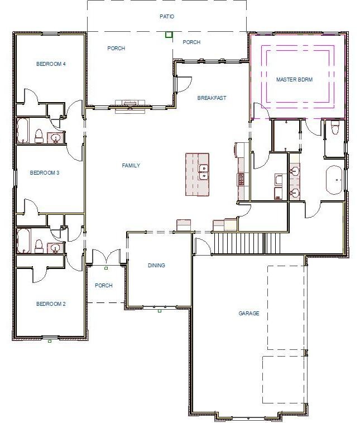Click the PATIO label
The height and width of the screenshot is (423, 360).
167,17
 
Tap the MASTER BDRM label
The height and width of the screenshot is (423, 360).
294,80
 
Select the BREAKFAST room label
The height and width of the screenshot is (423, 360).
212,98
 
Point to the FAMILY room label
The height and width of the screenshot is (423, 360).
131,166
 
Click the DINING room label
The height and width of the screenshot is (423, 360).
156,266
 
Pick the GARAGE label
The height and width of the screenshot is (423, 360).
249,314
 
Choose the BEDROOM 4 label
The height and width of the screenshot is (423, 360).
51,64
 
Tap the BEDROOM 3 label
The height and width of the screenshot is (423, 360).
45,173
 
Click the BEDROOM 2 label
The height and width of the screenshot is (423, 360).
51,304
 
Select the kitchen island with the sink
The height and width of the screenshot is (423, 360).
197,174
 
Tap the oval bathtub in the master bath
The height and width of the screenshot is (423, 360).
335,180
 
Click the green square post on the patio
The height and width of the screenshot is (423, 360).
169,35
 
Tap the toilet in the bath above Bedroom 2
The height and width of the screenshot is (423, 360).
39,246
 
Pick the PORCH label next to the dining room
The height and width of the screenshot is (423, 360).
104,286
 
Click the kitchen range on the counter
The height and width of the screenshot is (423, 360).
242,179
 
